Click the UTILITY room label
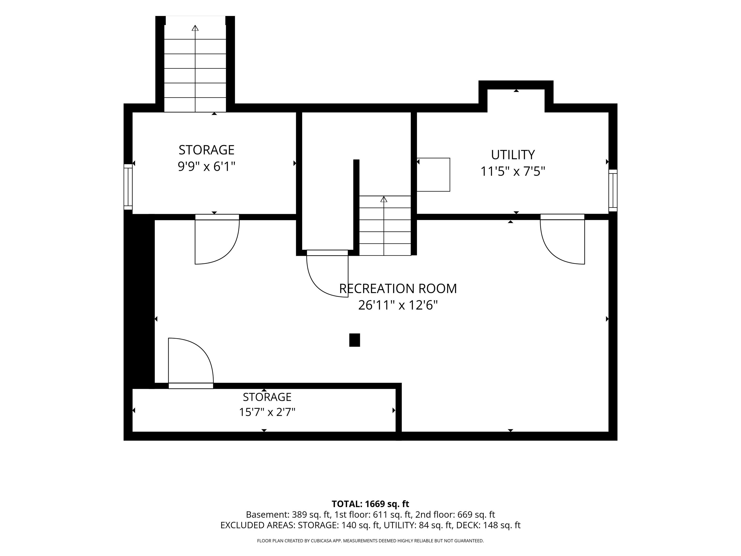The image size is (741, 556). [x=513, y=155]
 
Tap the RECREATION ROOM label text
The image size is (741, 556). [x=398, y=289]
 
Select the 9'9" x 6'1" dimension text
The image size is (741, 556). [x=206, y=166]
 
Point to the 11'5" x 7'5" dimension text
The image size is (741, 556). [x=513, y=171]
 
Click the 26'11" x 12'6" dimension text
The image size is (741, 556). [x=398, y=305]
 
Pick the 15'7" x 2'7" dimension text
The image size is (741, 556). [x=267, y=412]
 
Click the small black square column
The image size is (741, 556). [x=354, y=340]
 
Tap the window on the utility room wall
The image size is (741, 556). [x=613, y=190]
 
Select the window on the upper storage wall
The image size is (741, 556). [x=128, y=187]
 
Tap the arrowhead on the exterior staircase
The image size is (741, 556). [x=195, y=28]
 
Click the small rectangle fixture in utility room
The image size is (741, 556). [x=433, y=175]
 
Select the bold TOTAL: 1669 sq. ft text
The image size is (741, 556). [x=370, y=504]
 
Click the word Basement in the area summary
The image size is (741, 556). [x=266, y=514]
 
